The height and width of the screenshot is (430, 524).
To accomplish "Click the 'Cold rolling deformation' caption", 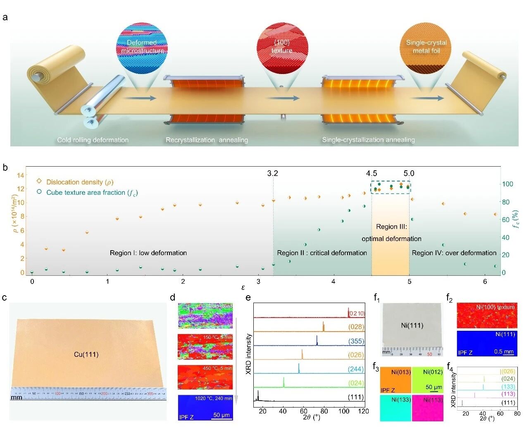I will click(x=93, y=140).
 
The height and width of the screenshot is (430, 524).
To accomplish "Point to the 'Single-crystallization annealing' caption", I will click(x=368, y=140).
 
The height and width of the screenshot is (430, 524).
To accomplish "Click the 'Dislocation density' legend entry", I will click(x=79, y=182).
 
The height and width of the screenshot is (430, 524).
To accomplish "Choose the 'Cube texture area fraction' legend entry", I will click(x=92, y=193).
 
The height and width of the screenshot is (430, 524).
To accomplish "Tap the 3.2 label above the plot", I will click(x=272, y=173).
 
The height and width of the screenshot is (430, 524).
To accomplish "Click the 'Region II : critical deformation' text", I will click(x=322, y=253).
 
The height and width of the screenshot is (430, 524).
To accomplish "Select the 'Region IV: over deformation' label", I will click(x=454, y=253).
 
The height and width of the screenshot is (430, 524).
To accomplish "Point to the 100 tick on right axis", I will click(x=507, y=184).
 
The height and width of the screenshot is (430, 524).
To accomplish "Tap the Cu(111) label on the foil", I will click(x=86, y=354).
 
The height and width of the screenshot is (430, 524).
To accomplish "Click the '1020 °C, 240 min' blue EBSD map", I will click(x=205, y=407).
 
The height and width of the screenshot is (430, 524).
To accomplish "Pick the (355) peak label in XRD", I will click(x=356, y=341).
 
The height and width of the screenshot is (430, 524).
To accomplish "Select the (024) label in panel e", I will click(x=356, y=383).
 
